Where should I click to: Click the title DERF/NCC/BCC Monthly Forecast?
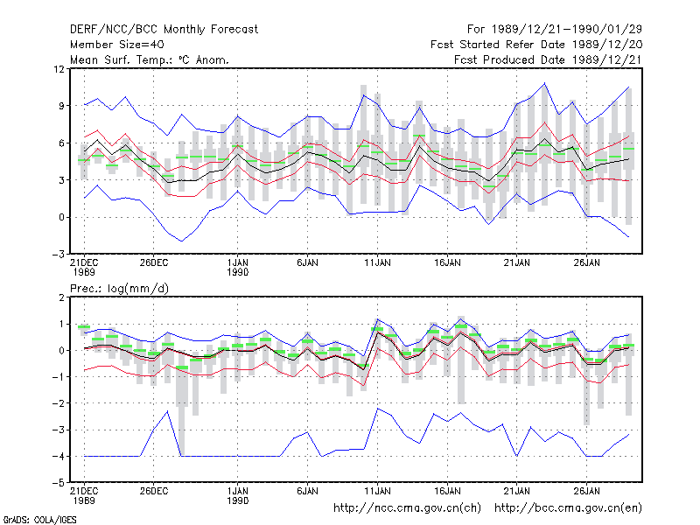pyautogui.click(x=164, y=30)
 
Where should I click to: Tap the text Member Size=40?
pyautogui.click(x=117, y=45)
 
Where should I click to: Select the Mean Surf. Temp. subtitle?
pyautogui.click(x=149, y=59)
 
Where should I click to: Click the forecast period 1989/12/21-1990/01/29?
pyautogui.click(x=555, y=30)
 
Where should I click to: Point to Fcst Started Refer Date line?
pyautogui.click(x=536, y=45)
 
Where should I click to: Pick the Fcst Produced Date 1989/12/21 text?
pyautogui.click(x=549, y=59)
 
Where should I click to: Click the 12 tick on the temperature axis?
pyautogui.click(x=59, y=69)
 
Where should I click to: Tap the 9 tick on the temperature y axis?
pyautogui.click(x=61, y=106)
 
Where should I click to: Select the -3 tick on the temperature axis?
pyautogui.click(x=58, y=255)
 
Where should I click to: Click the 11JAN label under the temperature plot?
pyautogui.click(x=377, y=263)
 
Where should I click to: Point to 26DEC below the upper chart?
pyautogui.click(x=154, y=263)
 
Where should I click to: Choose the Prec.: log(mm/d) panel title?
pyautogui.click(x=119, y=289)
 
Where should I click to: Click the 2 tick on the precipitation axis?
pyautogui.click(x=61, y=297)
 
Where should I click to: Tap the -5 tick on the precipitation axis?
pyautogui.click(x=58, y=483)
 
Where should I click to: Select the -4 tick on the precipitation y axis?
pyautogui.click(x=58, y=456)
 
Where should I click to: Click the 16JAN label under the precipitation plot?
pyautogui.click(x=447, y=492)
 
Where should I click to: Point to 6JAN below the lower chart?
pyautogui.click(x=308, y=492)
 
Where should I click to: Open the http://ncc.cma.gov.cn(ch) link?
pyautogui.click(x=408, y=508)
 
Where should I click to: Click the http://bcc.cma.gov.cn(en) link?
pyautogui.click(x=568, y=508)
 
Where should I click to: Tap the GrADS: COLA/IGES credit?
pyautogui.click(x=39, y=520)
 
